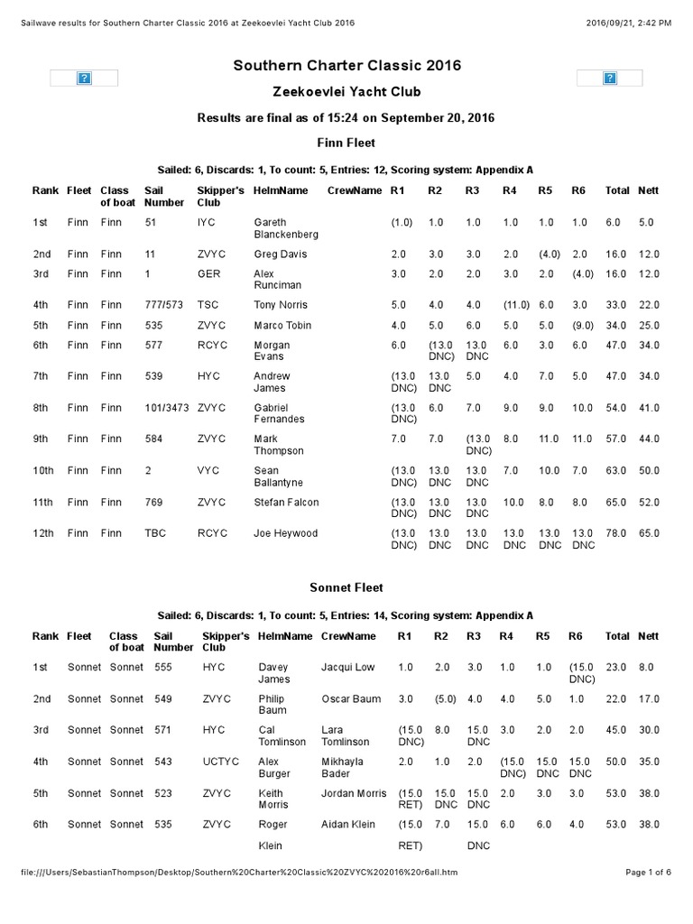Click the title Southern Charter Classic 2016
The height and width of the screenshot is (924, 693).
click(x=347, y=65)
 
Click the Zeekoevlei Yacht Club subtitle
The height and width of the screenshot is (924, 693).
click(x=347, y=91)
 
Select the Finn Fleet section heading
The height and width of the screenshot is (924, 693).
click(x=346, y=143)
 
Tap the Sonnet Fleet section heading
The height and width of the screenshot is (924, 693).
click(x=346, y=587)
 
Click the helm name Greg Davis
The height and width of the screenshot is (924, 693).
click(x=281, y=254)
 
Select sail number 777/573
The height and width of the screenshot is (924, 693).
click(x=163, y=305)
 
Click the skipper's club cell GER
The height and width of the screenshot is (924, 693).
click(x=208, y=274)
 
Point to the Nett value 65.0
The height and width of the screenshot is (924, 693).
click(x=648, y=533)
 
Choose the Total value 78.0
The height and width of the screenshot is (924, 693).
click(x=617, y=533)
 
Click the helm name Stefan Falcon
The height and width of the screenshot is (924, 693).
click(x=286, y=502)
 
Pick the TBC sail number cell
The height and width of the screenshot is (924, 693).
click(x=155, y=533)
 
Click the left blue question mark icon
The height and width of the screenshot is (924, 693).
click(x=83, y=79)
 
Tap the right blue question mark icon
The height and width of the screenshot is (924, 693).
click(x=610, y=79)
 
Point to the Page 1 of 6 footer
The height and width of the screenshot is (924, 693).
click(x=648, y=873)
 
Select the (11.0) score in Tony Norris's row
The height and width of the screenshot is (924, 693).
click(x=515, y=305)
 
